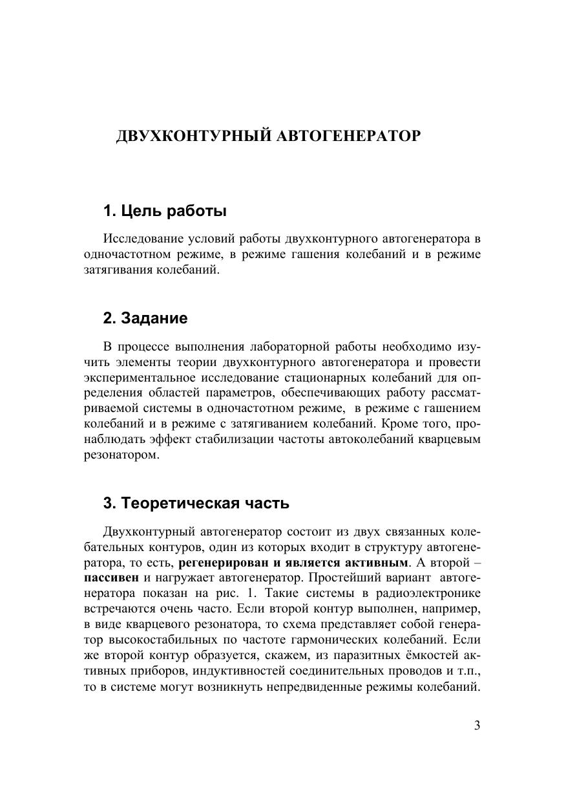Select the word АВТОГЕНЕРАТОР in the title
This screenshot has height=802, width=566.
tap(348, 136)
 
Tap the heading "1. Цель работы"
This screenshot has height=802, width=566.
tap(165, 211)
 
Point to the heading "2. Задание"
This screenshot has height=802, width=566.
tap(145, 318)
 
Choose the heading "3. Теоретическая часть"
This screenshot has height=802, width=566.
tap(196, 503)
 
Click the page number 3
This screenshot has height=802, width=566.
tap(477, 725)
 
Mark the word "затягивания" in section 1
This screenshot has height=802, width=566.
tap(116, 270)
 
